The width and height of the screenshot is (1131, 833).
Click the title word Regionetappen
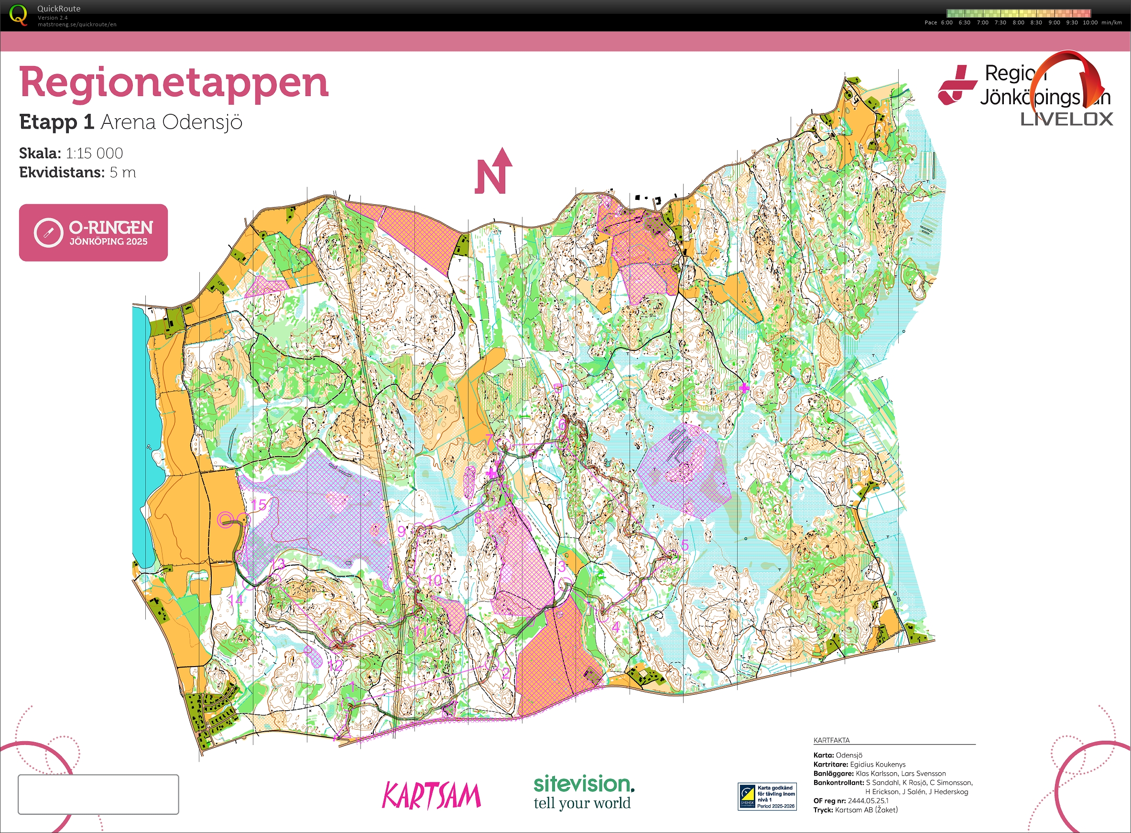174,83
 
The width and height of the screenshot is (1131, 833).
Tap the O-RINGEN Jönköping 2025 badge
93,232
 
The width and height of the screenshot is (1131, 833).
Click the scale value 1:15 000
94,153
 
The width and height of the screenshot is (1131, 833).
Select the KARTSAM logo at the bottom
432,796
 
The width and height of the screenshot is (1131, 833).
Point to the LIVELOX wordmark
1066,120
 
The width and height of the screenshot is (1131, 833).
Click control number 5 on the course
685,545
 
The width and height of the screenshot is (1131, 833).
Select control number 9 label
401,531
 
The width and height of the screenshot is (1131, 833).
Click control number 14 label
236,600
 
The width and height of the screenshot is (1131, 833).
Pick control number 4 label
615,627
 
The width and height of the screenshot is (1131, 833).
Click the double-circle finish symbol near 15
225,519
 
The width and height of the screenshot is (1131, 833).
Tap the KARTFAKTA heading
831,740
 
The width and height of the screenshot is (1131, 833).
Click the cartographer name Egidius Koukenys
878,765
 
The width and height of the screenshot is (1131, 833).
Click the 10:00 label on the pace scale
1090,22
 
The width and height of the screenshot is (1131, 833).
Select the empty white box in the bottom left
98,794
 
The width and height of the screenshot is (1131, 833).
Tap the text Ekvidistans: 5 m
77,173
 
